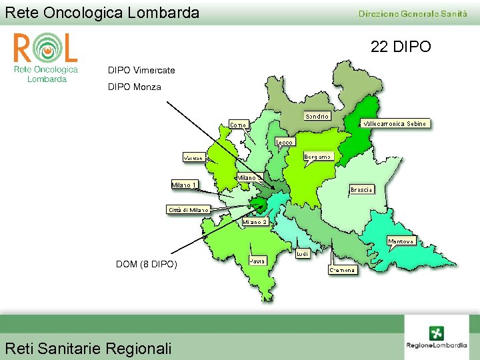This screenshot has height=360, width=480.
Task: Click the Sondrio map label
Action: click(317, 117)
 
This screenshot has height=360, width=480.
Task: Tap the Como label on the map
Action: click(238, 125)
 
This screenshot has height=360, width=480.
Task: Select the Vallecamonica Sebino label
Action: click(395, 123)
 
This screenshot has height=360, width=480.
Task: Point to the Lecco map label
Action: click(285, 142)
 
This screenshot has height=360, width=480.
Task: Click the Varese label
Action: click(194, 158)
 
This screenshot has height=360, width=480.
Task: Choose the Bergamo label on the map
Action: click(318, 157)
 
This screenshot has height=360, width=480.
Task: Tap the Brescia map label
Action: click(361, 189)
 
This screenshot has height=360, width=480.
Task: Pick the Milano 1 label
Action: click(184, 184)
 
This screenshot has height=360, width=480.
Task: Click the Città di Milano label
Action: click(188, 209)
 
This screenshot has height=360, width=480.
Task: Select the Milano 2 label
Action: click(255, 221)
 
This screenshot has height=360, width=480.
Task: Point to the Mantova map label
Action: click(401, 241)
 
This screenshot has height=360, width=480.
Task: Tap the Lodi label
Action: click(302, 254)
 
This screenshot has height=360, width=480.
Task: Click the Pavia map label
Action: click(258, 261)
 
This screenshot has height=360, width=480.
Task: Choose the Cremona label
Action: click(343, 270)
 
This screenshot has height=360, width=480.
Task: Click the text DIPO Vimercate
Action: click(141, 70)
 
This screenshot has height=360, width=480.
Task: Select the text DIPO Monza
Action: click(134, 87)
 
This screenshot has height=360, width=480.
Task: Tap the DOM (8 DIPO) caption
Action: click(147, 265)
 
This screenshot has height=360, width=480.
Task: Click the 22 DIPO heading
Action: click(401, 47)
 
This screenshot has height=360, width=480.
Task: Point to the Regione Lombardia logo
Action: click(437, 337)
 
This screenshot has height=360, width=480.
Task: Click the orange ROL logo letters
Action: click(45, 48)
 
